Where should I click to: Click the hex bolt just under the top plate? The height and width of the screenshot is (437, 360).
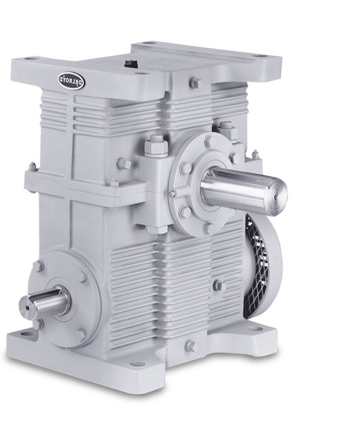coord(194,83)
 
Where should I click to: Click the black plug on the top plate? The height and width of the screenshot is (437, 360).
coord(130,63)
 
